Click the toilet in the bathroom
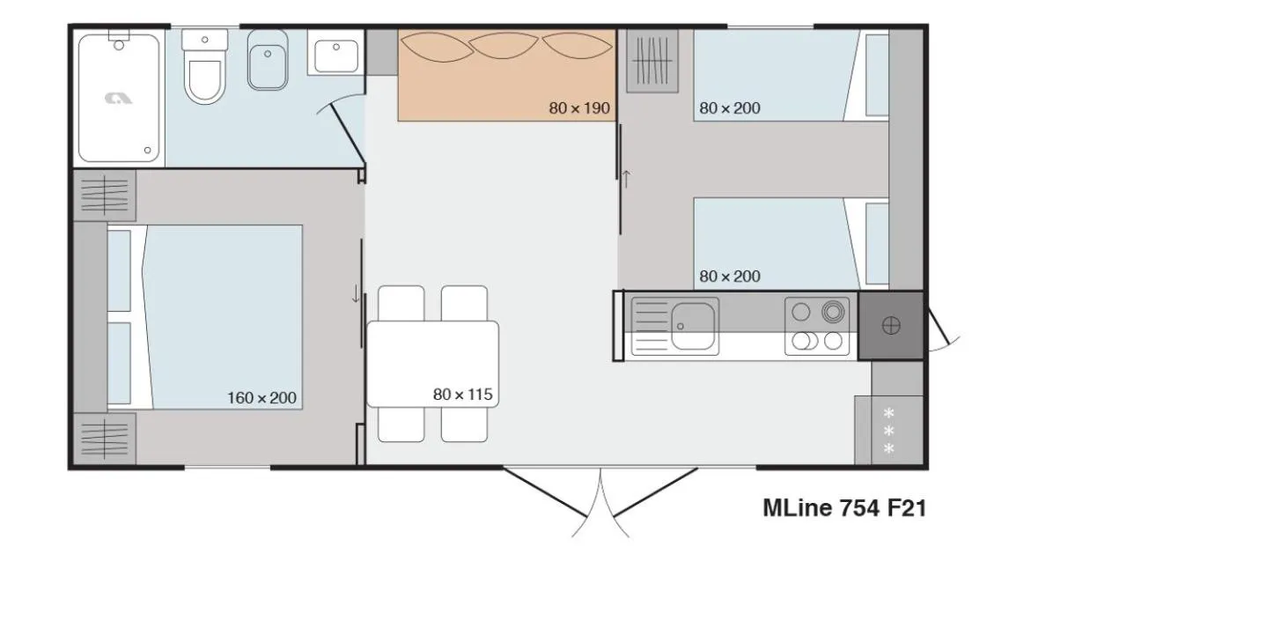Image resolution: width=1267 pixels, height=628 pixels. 204,67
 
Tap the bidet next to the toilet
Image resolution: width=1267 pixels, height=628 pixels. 268,60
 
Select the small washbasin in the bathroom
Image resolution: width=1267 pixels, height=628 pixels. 335,52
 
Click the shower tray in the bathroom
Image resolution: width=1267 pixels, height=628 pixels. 119,98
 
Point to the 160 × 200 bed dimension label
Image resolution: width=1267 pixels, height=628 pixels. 262,398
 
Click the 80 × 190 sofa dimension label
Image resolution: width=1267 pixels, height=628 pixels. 579,107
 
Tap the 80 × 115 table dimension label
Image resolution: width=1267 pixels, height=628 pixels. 462,394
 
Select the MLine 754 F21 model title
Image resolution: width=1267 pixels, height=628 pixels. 843,507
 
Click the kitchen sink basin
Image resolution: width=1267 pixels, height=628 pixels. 694,327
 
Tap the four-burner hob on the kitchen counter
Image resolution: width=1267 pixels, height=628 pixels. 817,327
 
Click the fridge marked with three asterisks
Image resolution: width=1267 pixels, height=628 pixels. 888,431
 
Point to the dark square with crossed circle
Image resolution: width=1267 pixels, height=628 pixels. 891,325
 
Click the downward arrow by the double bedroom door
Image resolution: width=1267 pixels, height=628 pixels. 355,293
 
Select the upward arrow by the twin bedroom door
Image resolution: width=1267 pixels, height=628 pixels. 626,179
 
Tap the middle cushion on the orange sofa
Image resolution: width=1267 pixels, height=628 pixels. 504,46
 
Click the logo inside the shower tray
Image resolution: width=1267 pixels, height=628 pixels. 118,99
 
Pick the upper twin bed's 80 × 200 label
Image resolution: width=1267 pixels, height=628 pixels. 730,107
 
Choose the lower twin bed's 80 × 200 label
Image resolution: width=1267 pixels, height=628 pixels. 730,276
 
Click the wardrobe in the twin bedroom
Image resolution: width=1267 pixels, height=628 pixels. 652,61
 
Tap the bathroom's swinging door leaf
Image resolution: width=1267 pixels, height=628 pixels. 348,134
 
